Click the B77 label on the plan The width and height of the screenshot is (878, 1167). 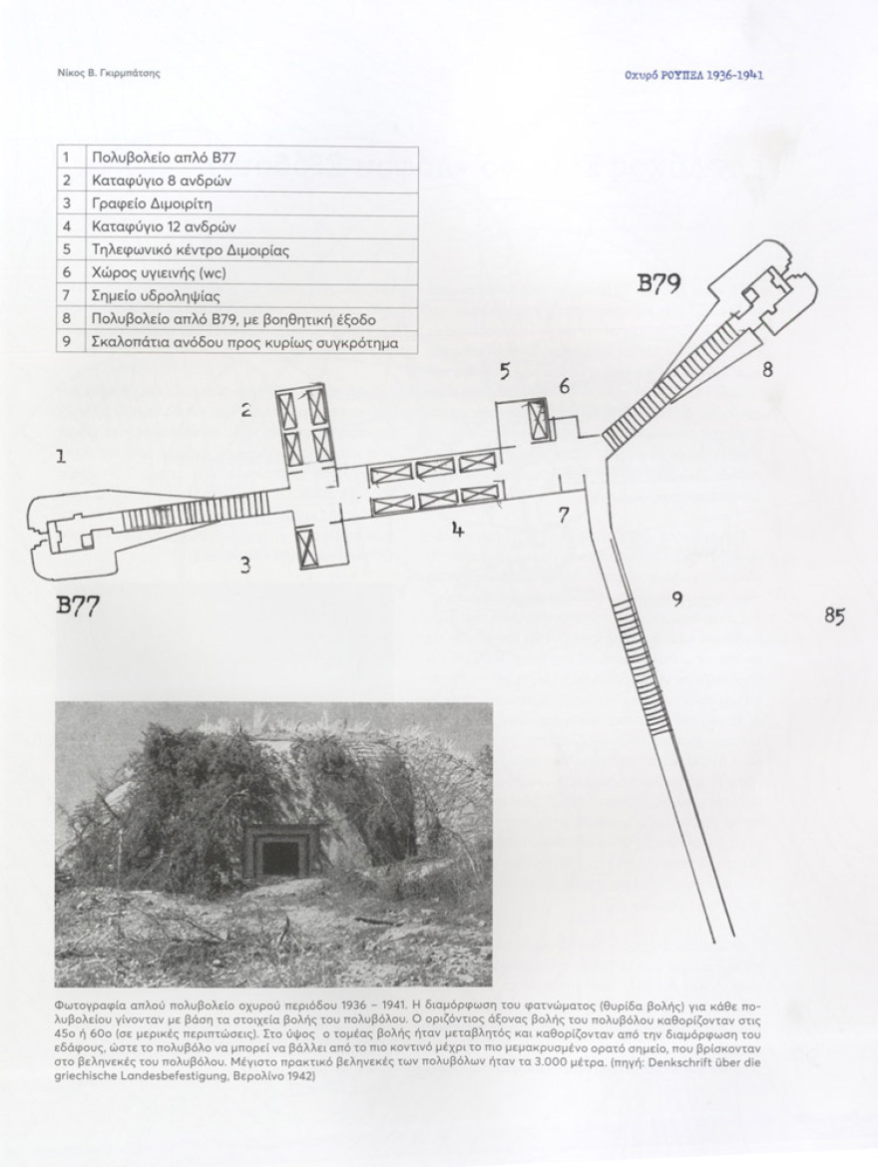(78, 605)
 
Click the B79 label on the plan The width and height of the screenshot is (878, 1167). (658, 283)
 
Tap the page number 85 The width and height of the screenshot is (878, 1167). (835, 616)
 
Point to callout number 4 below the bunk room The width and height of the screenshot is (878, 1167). (458, 531)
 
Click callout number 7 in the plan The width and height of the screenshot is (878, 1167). (565, 515)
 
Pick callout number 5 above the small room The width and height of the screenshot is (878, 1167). (505, 371)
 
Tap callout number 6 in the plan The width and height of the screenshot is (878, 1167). (565, 386)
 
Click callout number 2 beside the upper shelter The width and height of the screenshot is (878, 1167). (245, 409)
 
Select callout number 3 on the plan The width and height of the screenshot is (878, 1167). (245, 567)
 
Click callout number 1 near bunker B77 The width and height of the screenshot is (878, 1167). (61, 456)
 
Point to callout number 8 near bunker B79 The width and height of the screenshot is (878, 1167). (767, 369)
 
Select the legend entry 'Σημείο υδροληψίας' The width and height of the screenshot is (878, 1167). (156, 297)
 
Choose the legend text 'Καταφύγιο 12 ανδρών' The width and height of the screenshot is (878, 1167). (164, 227)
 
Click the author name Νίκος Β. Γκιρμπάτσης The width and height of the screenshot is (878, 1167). (109, 73)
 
